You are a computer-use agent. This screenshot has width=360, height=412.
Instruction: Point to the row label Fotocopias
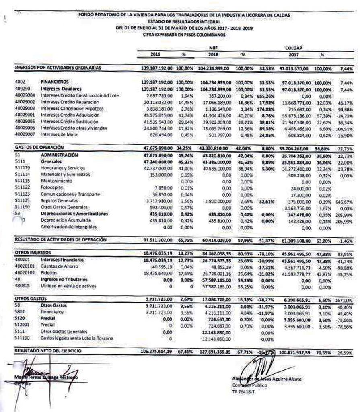(51, 188)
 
